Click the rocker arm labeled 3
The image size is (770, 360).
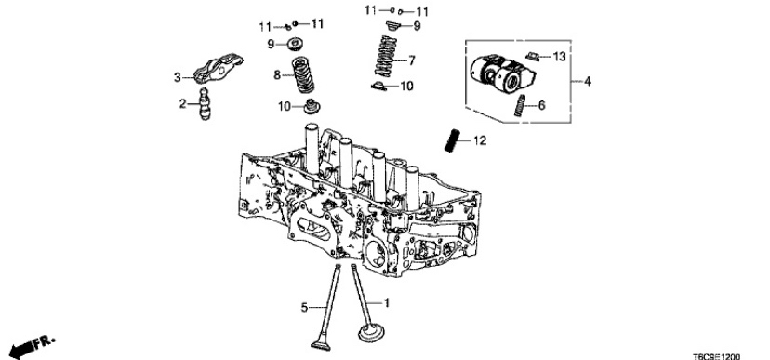point(218,68)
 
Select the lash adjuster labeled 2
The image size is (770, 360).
point(205,103)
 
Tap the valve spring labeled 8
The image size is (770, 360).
point(302,74)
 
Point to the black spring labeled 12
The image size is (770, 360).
point(452,140)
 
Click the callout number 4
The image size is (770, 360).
point(588,81)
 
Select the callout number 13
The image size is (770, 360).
point(559,57)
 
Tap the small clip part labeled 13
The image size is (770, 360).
point(532,57)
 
